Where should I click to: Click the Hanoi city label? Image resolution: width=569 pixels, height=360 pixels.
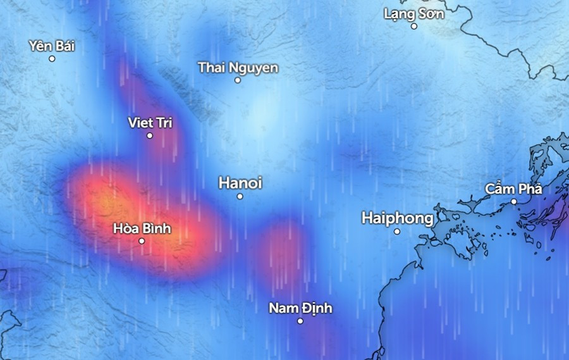tap(240, 183)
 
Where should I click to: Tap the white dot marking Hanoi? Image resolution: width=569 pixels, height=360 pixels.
tap(240, 196)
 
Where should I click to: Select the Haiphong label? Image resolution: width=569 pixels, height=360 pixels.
tap(398, 218)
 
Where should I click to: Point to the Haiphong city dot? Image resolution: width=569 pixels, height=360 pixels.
tap(397, 232)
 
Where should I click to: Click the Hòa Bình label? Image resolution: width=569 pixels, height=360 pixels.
tap(142, 228)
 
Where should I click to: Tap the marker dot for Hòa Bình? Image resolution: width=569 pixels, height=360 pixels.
tap(142, 241)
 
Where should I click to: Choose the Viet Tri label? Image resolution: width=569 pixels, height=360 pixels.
tap(150, 122)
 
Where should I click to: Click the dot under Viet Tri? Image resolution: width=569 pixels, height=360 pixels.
tap(150, 135)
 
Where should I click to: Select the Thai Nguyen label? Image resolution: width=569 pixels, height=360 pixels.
tap(238, 67)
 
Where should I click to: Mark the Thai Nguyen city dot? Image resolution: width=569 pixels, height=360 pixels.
tap(238, 80)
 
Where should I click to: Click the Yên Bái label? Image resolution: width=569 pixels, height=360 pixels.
tap(52, 46)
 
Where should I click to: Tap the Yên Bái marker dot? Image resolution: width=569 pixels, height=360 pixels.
tap(52, 59)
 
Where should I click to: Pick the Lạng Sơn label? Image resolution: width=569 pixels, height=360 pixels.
tap(414, 13)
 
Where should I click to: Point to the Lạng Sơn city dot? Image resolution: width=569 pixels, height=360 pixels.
tap(414, 26)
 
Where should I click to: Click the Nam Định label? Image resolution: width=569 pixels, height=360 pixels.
tap(300, 308)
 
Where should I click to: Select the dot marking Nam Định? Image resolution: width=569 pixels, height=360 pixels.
tap(300, 321)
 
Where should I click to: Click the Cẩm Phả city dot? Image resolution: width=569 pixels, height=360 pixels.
tap(514, 201)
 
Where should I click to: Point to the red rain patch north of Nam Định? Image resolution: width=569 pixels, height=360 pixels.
tap(280, 247)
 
